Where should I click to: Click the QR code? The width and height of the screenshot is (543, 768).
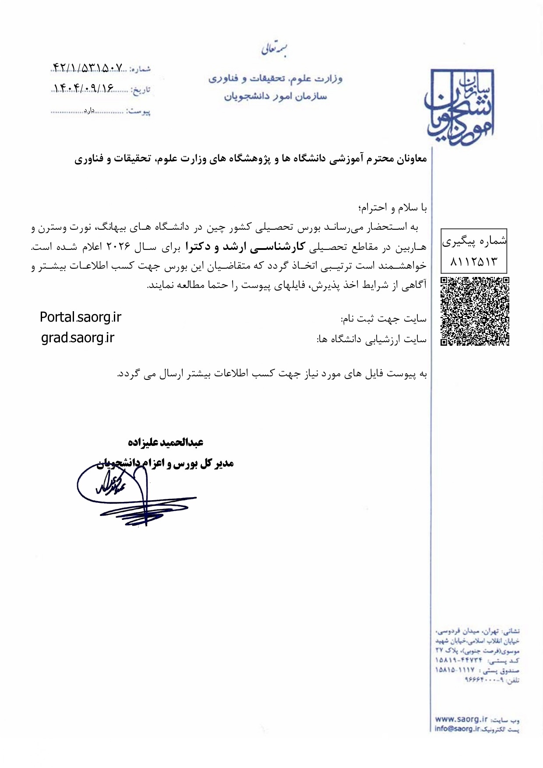click(475, 311)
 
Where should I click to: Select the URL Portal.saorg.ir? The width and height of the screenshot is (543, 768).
click(81, 317)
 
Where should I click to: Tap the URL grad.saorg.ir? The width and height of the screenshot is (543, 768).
click(78, 338)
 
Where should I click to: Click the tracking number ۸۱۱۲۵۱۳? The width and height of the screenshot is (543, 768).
click(474, 262)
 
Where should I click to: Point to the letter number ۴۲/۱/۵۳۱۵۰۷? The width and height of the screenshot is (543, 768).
click(88, 67)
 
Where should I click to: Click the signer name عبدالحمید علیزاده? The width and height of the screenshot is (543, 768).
click(166, 442)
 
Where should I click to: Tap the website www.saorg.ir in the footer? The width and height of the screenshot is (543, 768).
click(461, 719)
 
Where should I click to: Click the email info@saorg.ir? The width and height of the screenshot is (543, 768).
click(458, 729)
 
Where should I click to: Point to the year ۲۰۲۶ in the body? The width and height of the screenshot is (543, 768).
click(119, 247)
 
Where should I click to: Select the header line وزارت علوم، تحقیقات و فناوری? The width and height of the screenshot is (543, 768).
click(275, 79)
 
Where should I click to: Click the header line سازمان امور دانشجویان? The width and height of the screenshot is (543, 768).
click(275, 96)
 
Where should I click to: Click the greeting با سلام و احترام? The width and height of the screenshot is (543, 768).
click(393, 208)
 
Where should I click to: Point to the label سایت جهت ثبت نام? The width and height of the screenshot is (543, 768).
click(384, 319)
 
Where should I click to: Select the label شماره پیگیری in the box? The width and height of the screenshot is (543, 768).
click(474, 241)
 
